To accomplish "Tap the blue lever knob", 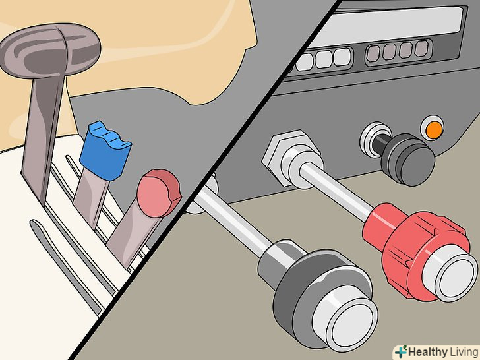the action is coord(105,150).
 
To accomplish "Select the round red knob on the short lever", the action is coord(159,193).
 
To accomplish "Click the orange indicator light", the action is coord(433,130).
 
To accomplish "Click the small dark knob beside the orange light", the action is coord(408,159).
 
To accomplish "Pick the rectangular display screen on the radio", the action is coord(386,26).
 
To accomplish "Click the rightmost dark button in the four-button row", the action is coord(421,49).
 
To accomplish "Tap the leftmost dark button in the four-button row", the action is coord(373,53).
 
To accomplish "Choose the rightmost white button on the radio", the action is coord(342,57).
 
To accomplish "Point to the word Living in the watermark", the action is coord(463,352).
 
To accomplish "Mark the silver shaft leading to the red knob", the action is coord(336,191).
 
